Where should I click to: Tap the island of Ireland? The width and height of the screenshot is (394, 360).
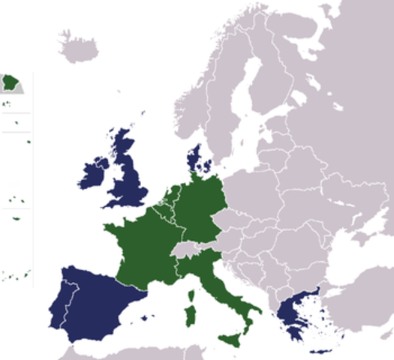click(x=95, y=176)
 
